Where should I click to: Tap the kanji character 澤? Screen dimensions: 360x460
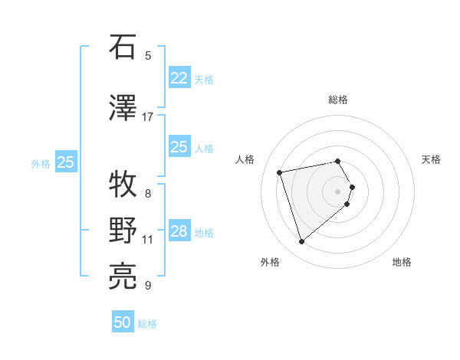point(123,107)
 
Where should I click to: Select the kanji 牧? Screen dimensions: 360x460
point(123,185)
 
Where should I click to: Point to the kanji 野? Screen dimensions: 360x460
point(123,231)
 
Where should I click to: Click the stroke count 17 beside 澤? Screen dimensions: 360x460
point(148,117)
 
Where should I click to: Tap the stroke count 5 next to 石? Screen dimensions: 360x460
point(148,55)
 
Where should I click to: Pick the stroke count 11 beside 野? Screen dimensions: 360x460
point(148,240)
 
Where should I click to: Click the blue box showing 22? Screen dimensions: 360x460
point(179,77)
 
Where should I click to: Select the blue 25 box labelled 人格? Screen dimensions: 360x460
point(179,147)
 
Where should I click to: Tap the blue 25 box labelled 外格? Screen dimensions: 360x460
point(66,162)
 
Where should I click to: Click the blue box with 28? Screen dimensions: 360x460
point(179,231)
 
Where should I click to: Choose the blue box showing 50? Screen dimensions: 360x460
point(123,322)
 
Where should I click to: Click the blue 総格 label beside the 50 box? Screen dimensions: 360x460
point(147,324)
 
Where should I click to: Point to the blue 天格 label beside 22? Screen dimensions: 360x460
point(204,79)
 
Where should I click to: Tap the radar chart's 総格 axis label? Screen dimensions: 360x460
point(338,100)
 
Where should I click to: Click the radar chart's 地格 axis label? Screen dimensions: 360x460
point(402,262)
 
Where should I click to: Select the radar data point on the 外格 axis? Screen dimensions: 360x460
point(301,242)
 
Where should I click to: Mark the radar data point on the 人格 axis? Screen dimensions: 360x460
point(280,172)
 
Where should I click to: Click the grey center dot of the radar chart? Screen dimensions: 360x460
point(338,191)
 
